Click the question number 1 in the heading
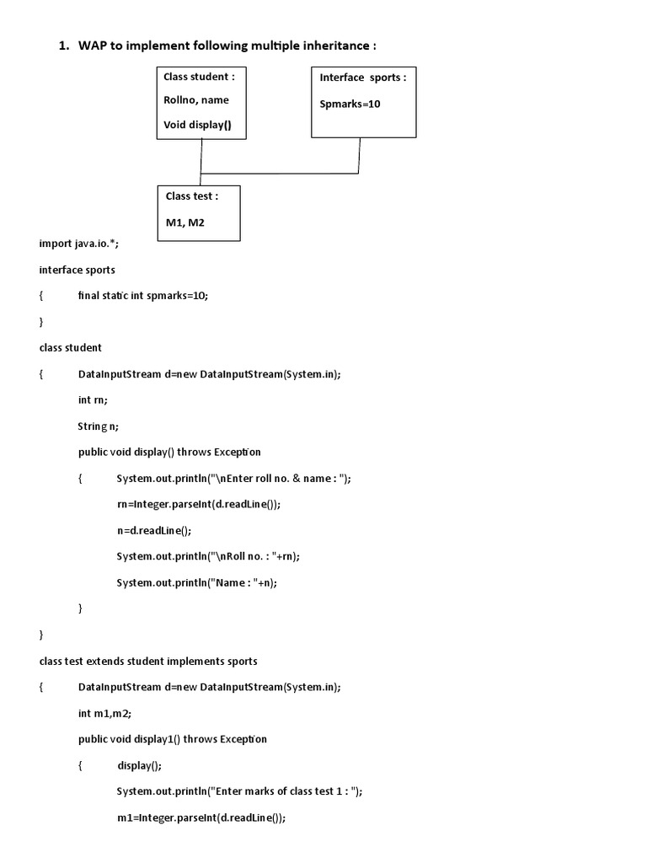click(63, 46)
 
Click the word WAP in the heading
click(94, 46)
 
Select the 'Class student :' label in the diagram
click(199, 77)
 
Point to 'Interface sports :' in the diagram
click(362, 78)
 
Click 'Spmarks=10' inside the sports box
click(350, 105)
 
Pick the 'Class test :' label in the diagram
click(192, 196)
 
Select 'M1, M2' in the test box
click(185, 223)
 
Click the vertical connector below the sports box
click(360, 155)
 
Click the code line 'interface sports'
click(77, 270)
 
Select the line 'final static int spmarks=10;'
click(142, 296)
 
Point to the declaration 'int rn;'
click(93, 399)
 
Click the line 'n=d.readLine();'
click(154, 530)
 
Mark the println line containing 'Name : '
click(196, 582)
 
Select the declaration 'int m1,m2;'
click(104, 712)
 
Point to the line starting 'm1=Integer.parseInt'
click(201, 817)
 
